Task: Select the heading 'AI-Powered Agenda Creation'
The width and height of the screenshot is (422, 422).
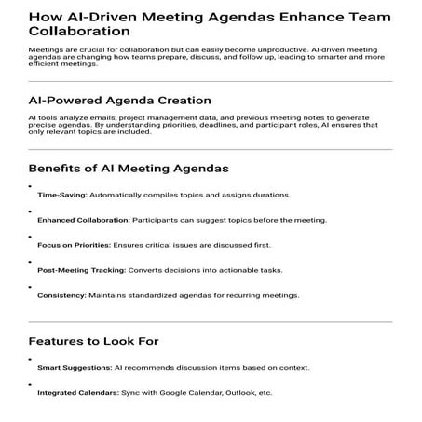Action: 119,100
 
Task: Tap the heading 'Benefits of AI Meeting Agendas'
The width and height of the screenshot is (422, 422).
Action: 129,169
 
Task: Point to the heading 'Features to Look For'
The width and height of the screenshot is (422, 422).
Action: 94,340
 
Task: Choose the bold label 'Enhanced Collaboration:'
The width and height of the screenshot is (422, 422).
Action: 84,221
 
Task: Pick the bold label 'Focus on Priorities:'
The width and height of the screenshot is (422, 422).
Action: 74,245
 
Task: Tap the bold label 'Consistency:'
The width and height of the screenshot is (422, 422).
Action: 61,295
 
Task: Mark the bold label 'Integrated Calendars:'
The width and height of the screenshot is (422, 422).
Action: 78,393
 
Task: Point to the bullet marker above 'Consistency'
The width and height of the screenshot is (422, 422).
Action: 31,286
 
